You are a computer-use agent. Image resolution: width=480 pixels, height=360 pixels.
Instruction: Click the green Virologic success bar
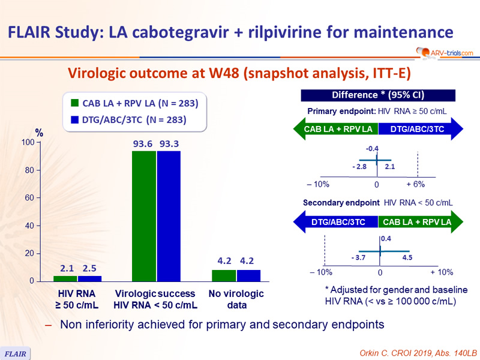point(144,216)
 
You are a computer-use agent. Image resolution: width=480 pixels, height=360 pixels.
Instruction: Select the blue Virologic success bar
point(169,216)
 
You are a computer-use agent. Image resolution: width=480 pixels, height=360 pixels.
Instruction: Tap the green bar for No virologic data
point(224,275)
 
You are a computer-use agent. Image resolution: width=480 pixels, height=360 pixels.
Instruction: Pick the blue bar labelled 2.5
point(89,278)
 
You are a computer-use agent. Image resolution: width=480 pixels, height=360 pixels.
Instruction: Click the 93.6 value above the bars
point(143,144)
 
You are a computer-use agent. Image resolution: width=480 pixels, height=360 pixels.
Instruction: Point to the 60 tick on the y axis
point(29,198)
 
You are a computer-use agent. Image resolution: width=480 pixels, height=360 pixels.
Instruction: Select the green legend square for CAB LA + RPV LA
point(74,103)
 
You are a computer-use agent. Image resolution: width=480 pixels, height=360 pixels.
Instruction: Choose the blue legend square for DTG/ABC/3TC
point(74,119)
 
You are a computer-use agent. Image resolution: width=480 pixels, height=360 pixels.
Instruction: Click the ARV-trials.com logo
point(445,53)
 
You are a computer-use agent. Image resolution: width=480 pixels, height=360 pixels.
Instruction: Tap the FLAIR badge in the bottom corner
point(16,353)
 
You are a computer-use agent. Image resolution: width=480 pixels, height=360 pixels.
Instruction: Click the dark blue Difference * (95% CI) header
point(378,95)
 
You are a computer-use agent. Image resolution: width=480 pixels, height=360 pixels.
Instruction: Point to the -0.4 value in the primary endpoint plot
point(372,149)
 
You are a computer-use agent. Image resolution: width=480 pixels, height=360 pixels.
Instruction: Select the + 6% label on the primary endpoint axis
point(415,184)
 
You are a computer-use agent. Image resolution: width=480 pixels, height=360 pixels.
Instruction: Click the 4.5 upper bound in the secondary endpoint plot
point(407,257)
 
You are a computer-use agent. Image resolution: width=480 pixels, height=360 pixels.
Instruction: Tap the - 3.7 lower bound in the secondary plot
point(358,257)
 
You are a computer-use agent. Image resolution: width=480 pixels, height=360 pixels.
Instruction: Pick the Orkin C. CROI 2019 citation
point(418,353)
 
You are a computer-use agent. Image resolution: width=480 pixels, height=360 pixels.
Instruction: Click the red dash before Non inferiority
point(49,325)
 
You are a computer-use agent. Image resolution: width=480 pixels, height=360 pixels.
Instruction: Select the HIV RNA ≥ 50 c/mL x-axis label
point(77,299)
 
